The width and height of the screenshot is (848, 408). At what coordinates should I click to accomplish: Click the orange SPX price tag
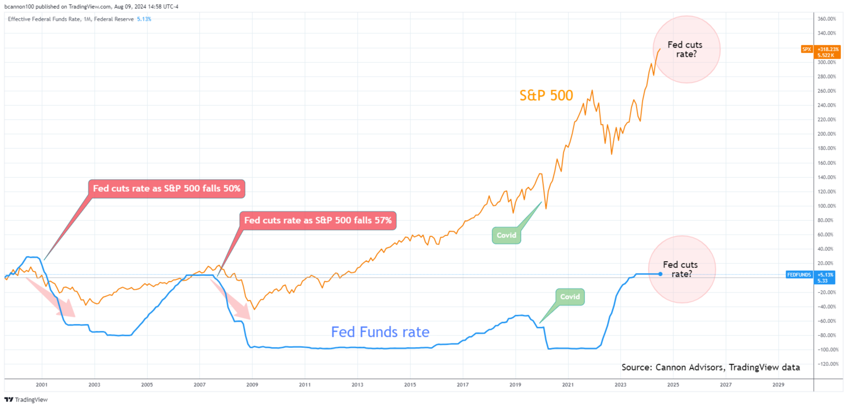click(820, 52)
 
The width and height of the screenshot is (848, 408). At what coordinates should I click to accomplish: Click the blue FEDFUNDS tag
click(810, 277)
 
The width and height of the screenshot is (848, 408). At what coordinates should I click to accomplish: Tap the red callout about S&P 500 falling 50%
click(166, 189)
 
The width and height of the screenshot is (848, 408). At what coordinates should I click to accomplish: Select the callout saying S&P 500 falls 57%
click(317, 220)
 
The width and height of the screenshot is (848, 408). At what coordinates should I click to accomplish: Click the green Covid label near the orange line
click(506, 235)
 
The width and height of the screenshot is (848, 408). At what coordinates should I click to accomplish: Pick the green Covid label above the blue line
click(570, 297)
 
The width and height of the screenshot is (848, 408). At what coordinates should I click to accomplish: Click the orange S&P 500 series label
click(546, 96)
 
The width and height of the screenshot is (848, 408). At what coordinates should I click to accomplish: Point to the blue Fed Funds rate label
click(380, 332)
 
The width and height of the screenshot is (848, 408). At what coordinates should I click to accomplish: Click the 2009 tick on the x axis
click(252, 384)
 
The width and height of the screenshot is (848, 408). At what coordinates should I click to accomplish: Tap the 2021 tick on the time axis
click(568, 384)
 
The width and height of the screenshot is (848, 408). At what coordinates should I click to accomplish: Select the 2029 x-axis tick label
click(778, 384)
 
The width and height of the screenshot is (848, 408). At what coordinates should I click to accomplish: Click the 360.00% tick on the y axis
click(827, 19)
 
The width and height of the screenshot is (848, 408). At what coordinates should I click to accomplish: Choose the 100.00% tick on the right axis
click(827, 206)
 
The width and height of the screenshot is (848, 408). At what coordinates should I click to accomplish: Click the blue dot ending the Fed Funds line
click(660, 274)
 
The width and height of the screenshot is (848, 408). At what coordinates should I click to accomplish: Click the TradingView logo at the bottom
click(26, 400)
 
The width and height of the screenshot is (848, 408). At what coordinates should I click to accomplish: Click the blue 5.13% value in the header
click(144, 19)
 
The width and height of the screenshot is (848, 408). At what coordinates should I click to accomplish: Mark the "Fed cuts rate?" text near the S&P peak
click(685, 49)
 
